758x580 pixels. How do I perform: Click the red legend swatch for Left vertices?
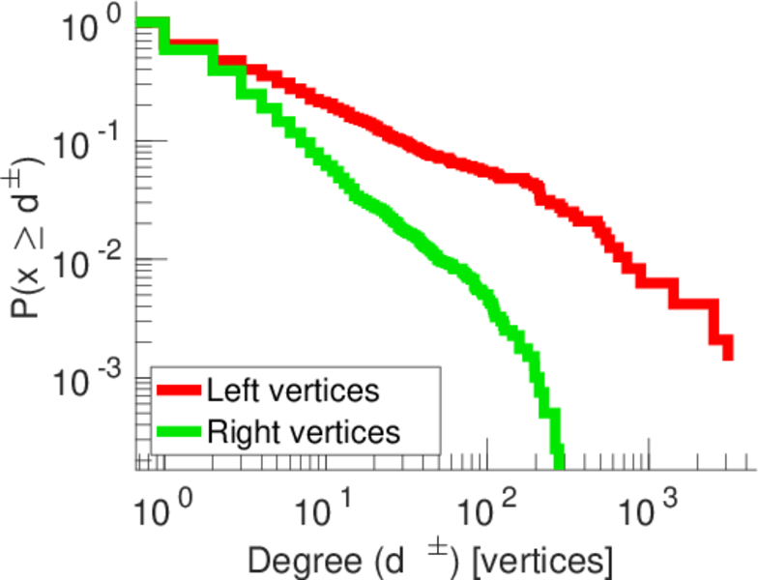[x=179, y=391]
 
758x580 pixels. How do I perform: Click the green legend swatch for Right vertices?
[x=179, y=431]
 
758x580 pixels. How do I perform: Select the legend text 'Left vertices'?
[x=292, y=391]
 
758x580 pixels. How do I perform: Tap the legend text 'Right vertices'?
[x=302, y=431]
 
